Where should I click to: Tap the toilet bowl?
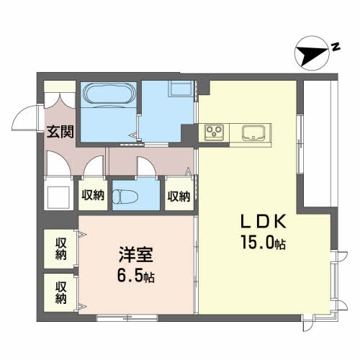coord(125,197)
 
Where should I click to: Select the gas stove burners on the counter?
coord(214,132)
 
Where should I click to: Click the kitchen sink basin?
coord(253,132)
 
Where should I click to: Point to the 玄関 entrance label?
coord(60,131)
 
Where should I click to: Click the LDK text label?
coord(264,221)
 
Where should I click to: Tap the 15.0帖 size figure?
coord(264,242)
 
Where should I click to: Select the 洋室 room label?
coord(135,255)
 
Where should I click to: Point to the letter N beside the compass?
coord(336,47)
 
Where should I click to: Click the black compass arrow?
coord(311,55)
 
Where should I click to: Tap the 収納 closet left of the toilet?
coord(93,194)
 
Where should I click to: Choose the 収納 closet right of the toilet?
coord(179,195)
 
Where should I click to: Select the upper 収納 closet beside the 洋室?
coord(60,249)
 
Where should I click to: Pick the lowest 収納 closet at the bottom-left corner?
coord(60,293)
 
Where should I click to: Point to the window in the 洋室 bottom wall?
coord(127,318)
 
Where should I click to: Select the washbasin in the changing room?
coord(181,89)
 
